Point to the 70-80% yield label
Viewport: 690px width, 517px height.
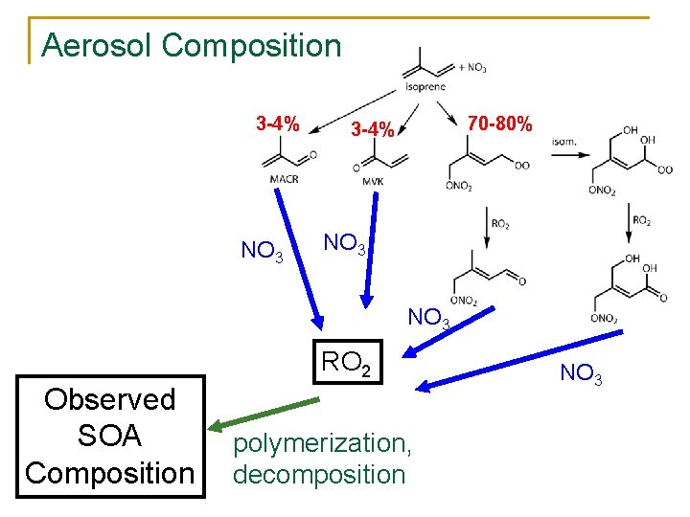tap(499, 124)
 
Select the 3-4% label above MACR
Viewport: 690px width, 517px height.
tap(277, 124)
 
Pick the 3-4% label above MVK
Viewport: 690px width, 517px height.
tap(372, 129)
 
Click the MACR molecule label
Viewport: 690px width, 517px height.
tap(284, 179)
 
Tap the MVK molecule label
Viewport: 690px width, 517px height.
tap(374, 182)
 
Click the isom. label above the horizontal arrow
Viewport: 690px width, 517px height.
tap(563, 143)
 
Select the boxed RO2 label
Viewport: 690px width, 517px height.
tap(346, 362)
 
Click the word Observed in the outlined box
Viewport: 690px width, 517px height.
tap(110, 398)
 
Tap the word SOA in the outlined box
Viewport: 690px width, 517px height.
tap(110, 436)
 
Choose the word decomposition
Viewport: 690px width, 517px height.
tap(319, 474)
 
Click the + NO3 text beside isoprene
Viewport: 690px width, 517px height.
tap(472, 68)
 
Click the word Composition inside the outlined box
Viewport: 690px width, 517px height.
tap(110, 473)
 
